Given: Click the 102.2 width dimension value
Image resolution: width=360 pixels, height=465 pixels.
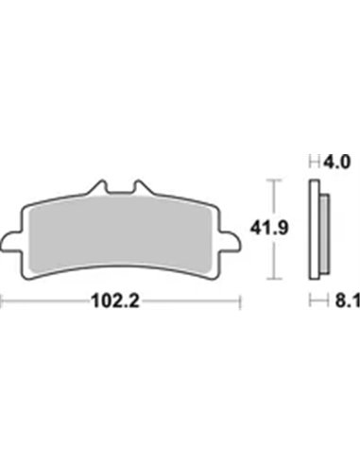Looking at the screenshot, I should (124, 304).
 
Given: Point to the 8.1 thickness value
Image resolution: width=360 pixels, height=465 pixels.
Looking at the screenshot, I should (335, 303).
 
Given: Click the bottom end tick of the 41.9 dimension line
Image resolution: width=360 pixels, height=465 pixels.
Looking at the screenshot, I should (273, 281).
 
